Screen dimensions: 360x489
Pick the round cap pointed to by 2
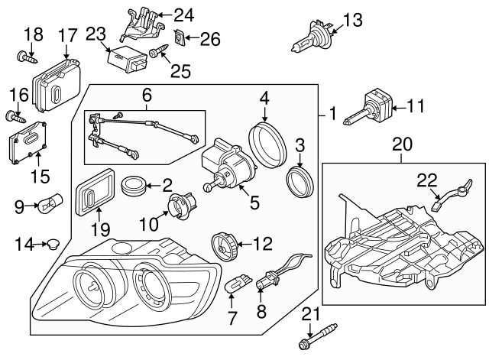[134, 186]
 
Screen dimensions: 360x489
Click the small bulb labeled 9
[57, 205]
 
